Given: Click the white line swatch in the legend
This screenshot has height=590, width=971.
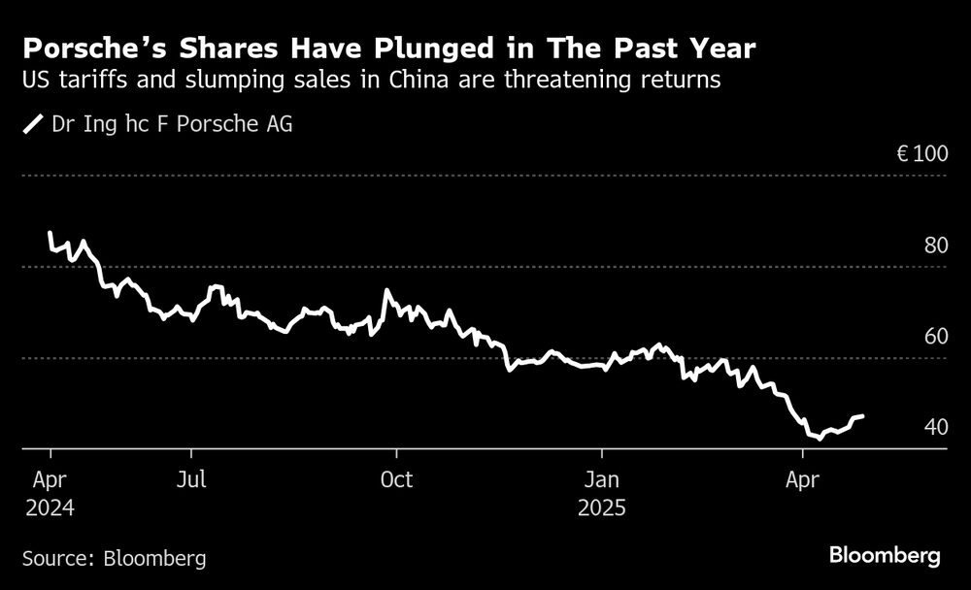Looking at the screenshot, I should pyautogui.click(x=34, y=125).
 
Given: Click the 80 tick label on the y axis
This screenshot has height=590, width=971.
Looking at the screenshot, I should pyautogui.click(x=935, y=246).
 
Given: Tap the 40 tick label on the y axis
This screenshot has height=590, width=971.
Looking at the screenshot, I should pyautogui.click(x=935, y=428).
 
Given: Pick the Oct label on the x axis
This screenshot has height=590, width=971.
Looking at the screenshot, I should pyautogui.click(x=396, y=479).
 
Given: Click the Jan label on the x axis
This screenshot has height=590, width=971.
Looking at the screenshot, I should pyautogui.click(x=602, y=479).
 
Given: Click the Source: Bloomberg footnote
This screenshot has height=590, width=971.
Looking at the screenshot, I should pyautogui.click(x=114, y=558).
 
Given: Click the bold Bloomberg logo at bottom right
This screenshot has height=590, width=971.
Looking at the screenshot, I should pyautogui.click(x=885, y=556).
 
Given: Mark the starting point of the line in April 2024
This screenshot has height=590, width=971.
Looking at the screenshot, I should pyautogui.click(x=50, y=234).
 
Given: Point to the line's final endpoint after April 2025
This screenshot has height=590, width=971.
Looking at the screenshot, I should pyautogui.click(x=862, y=416).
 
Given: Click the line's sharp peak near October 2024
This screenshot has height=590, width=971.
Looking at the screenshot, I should pyautogui.click(x=387, y=290).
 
